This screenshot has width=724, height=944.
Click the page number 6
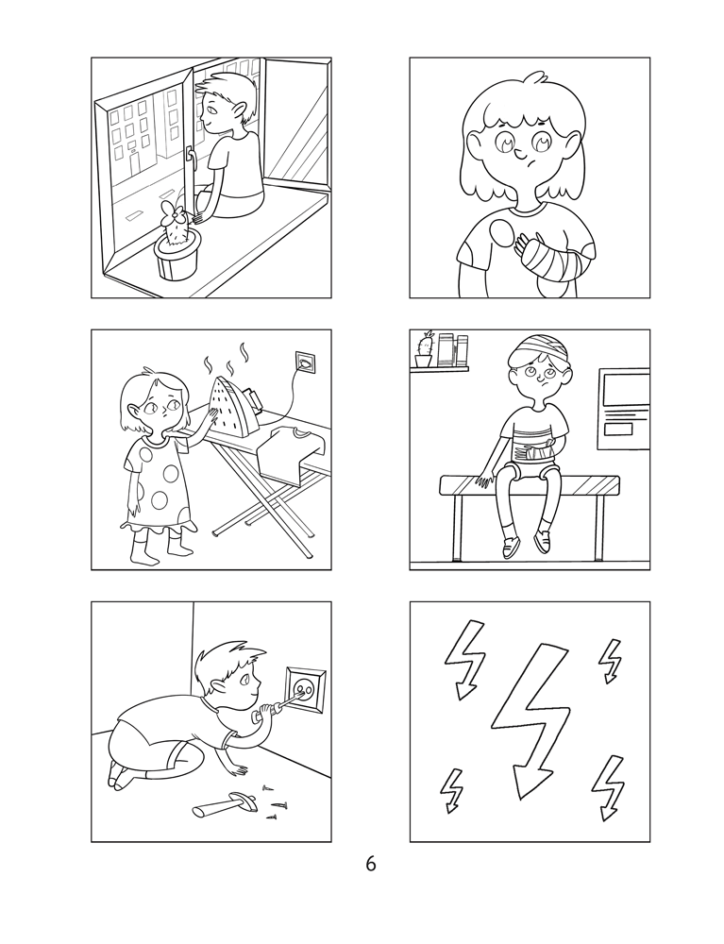click(370, 864)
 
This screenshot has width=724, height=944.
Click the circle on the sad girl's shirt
click(503, 231)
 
